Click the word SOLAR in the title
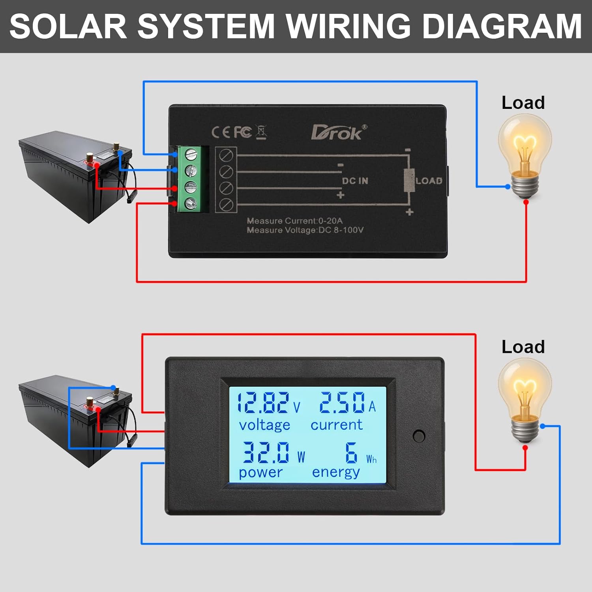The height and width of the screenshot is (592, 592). click(68, 26)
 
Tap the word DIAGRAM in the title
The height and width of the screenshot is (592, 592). click(502, 26)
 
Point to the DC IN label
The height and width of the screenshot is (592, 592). click(355, 181)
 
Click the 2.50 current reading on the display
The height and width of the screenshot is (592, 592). click(342, 403)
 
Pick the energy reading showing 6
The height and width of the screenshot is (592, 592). click(351, 452)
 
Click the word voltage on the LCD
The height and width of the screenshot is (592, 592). click(264, 425)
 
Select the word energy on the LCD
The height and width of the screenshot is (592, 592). click(336, 472)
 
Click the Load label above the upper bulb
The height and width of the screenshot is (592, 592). click(523, 103)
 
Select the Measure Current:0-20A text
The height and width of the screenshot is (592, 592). click(294, 221)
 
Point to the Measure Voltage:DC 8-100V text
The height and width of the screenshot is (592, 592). click(305, 230)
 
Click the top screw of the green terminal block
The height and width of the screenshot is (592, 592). click(191, 154)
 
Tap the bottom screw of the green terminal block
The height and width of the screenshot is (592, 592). click(191, 203)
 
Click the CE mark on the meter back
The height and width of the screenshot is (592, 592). click(220, 132)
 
